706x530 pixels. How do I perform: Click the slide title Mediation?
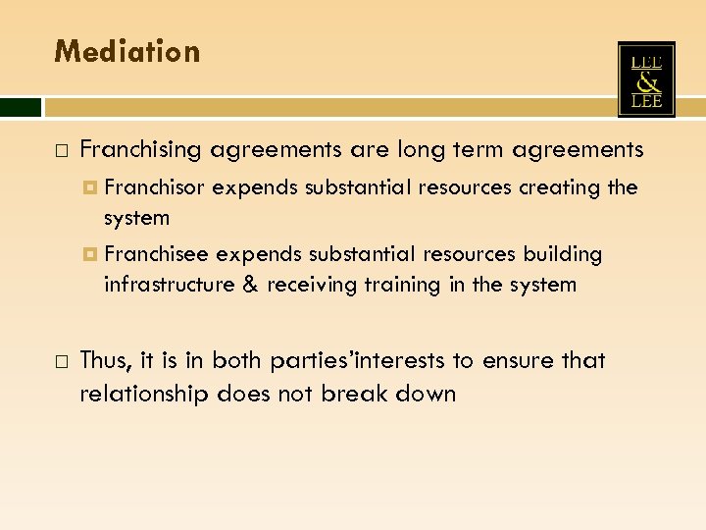[x=126, y=51]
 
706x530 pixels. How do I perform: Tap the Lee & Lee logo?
[x=646, y=79]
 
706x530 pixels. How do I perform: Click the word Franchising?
[x=140, y=150]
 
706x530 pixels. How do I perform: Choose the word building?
[x=563, y=254]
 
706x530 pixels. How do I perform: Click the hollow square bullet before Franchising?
[x=61, y=151]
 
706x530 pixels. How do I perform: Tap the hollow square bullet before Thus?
[x=61, y=362]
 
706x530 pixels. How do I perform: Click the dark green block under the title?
[x=21, y=106]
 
